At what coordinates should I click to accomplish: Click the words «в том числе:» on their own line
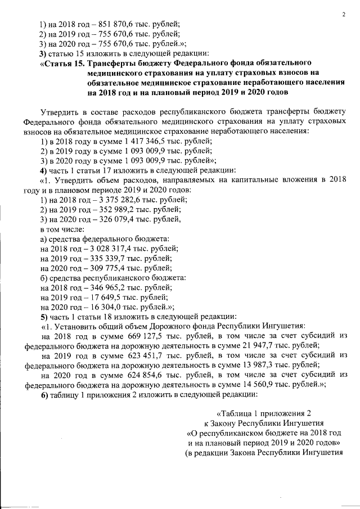(62, 229)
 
